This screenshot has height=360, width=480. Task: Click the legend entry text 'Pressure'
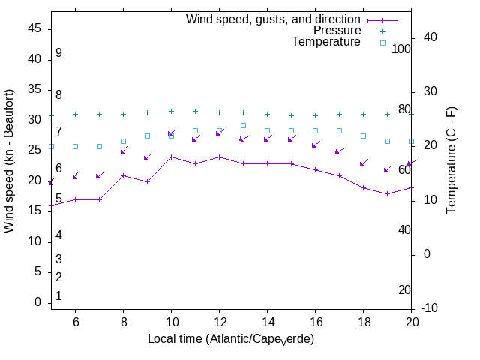tap(337, 31)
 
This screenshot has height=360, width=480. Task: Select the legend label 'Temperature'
tap(326, 42)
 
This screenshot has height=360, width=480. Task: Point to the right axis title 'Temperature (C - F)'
tap(451, 160)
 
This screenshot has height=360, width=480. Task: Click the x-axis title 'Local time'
tap(230, 339)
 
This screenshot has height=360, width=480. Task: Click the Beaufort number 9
tap(58, 53)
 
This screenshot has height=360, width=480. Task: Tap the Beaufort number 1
tap(58, 296)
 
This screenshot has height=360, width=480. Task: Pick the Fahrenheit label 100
tap(402, 49)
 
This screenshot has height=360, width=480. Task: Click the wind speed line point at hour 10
tap(171, 157)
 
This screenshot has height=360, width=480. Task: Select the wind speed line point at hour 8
tap(123, 175)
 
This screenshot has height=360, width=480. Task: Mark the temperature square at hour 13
tap(243, 126)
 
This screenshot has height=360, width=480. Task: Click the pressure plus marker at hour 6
tap(75, 114)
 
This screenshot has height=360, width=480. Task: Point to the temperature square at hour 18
tap(363, 136)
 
